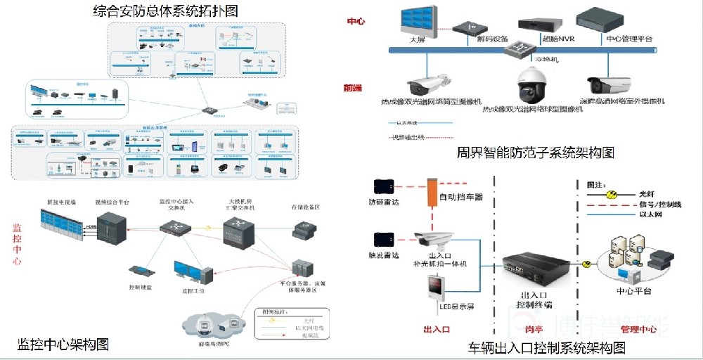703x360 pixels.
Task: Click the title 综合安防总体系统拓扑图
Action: coord(165,11)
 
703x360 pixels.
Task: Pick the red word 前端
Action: coord(353,88)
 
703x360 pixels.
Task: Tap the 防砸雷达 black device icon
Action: coord(384,186)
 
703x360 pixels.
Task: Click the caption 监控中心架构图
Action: coord(63,345)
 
